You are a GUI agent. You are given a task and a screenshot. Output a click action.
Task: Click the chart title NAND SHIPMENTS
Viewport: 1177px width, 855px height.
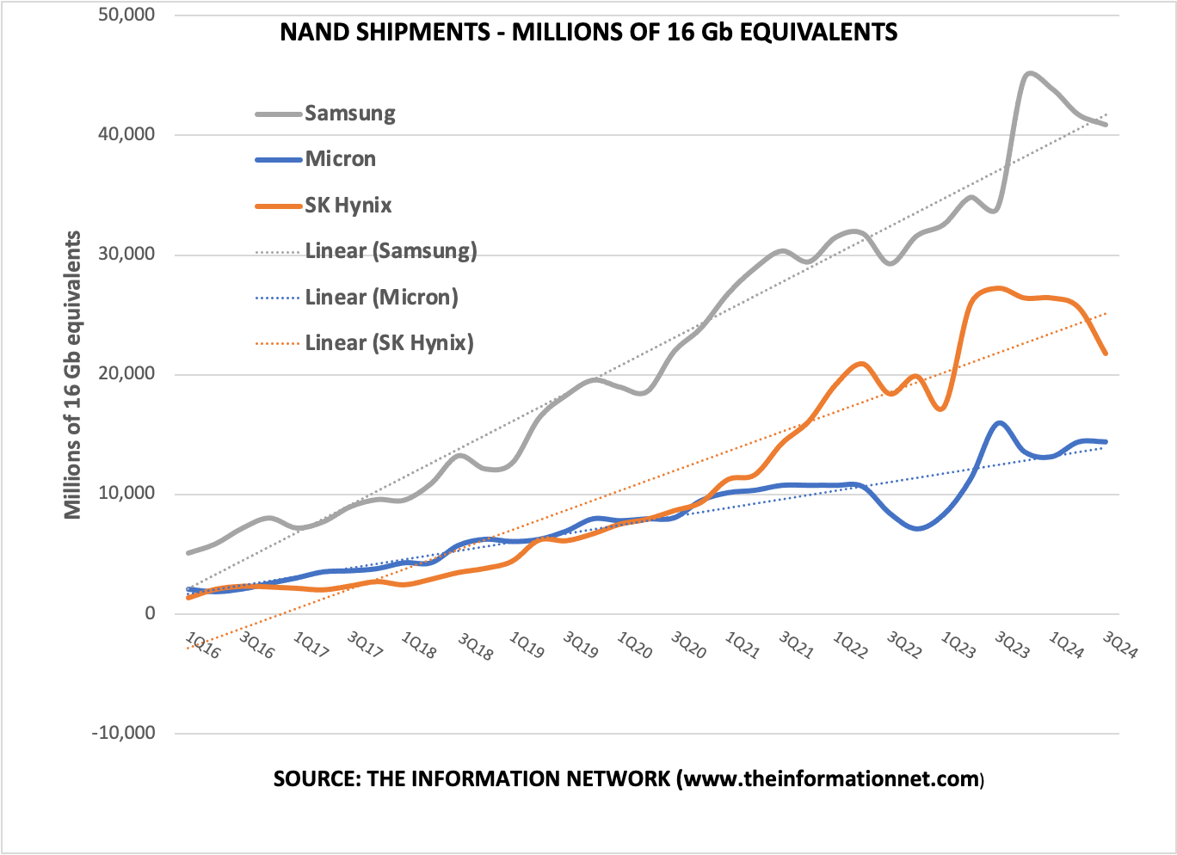point(588,33)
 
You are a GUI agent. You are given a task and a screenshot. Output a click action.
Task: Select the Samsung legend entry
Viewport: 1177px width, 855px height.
point(349,114)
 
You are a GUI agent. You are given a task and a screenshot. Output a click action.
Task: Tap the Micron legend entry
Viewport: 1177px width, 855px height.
point(340,159)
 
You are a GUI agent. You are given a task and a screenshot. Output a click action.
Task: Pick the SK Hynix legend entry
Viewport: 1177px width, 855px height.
point(348,206)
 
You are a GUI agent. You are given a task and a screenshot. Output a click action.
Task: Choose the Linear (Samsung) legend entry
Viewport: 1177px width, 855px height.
point(391,251)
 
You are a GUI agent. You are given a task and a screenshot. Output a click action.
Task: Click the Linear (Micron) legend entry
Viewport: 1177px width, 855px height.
point(381,298)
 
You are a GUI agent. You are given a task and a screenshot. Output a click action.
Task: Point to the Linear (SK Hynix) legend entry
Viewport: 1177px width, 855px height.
point(389,343)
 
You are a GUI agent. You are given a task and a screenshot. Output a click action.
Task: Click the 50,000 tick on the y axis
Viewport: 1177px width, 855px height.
point(126,15)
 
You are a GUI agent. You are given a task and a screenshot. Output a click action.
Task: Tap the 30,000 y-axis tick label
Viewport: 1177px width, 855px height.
point(126,255)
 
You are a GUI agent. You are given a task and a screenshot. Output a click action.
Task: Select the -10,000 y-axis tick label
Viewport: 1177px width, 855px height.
point(123,733)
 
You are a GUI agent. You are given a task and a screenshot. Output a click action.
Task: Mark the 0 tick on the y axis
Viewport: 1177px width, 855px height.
point(150,613)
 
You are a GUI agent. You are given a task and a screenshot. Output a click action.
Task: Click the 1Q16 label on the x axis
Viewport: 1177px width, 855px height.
point(203,645)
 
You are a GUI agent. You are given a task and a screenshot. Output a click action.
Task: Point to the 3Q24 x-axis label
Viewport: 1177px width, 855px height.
point(1120,645)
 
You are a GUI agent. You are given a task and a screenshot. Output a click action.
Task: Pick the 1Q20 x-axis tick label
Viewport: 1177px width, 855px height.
point(635,645)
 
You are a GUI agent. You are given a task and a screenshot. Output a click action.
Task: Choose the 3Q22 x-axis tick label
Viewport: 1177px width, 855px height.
point(904,645)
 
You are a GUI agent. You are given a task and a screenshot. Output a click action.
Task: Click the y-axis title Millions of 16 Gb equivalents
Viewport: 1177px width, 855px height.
point(73,375)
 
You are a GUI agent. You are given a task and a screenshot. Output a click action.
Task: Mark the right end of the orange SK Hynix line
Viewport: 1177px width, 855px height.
point(1105,354)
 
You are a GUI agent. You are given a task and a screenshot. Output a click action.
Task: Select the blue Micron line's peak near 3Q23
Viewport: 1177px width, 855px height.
point(999,423)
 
